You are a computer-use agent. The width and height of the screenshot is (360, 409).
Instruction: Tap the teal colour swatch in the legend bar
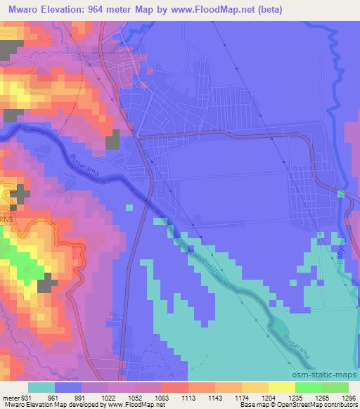[x=41, y=387]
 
